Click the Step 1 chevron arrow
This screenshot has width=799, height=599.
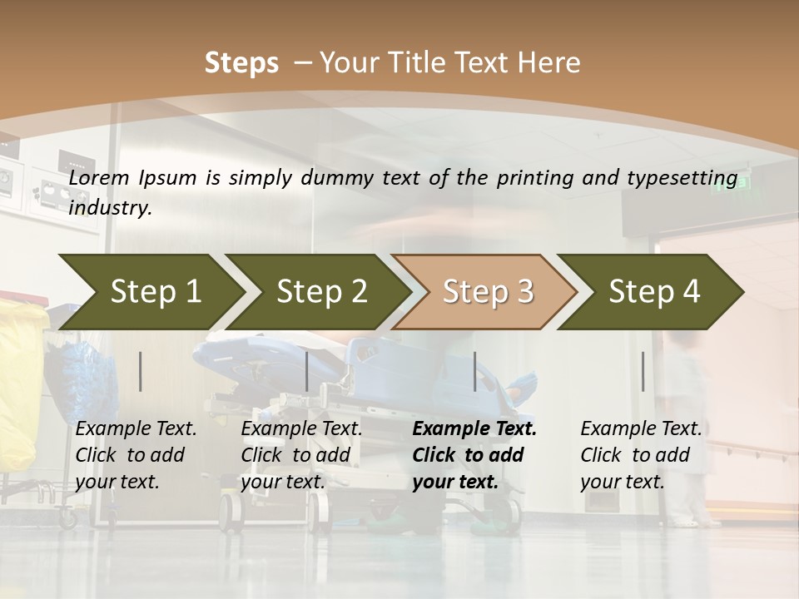click(x=154, y=291)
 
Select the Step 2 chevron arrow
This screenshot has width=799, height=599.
click(x=321, y=291)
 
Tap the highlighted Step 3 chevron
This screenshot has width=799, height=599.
click(x=488, y=291)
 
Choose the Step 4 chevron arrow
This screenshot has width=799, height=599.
click(x=654, y=291)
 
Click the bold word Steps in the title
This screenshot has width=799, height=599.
click(x=241, y=62)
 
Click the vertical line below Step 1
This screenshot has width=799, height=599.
click(x=141, y=371)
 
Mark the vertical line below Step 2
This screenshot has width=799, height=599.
click(x=307, y=371)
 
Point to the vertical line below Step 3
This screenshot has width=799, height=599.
click(x=475, y=371)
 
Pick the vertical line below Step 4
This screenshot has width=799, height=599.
click(x=643, y=371)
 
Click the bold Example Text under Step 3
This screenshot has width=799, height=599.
click(x=474, y=429)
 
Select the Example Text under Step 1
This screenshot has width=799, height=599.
click(x=136, y=429)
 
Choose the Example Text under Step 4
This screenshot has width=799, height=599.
click(x=641, y=429)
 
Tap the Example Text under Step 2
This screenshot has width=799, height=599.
click(x=301, y=429)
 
